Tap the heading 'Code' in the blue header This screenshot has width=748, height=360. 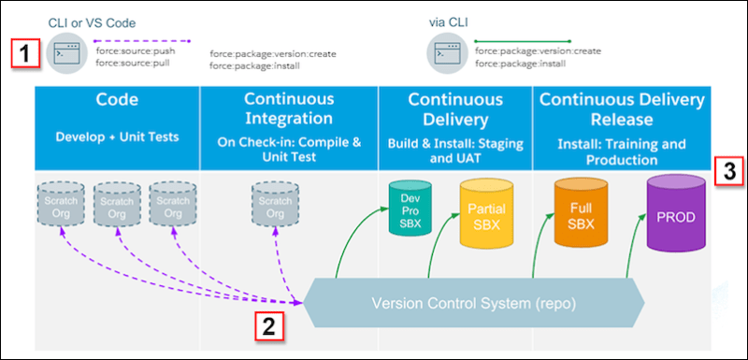click(x=118, y=99)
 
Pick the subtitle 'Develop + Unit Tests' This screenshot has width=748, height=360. click(x=118, y=136)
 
